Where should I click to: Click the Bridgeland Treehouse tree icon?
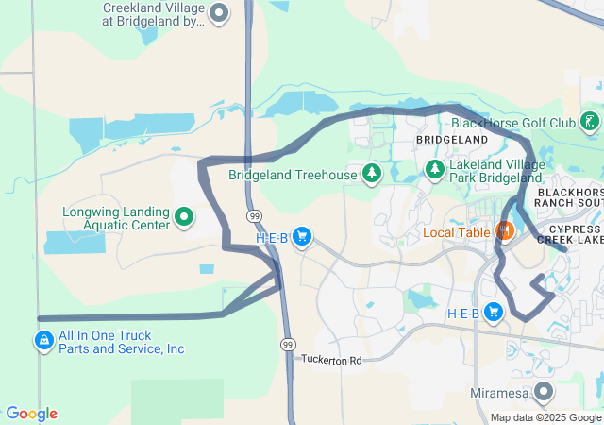(373, 173)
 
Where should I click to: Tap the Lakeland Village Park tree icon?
(435, 170)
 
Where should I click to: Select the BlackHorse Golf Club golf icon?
(589, 122)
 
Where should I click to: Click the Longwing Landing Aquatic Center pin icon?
(184, 218)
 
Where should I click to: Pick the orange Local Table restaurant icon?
(504, 230)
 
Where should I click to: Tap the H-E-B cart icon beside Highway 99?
(302, 237)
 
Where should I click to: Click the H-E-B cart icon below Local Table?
(493, 313)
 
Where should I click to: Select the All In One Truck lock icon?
(43, 340)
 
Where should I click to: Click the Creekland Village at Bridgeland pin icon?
(219, 13)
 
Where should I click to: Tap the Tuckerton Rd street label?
(331, 361)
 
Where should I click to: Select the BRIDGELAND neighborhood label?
(453, 140)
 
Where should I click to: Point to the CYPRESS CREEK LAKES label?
(570, 235)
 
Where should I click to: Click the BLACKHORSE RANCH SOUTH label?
(570, 197)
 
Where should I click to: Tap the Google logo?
(31, 414)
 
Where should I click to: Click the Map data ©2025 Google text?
(545, 417)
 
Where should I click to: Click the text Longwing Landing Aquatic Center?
(116, 218)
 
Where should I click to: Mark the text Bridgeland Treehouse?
(293, 175)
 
